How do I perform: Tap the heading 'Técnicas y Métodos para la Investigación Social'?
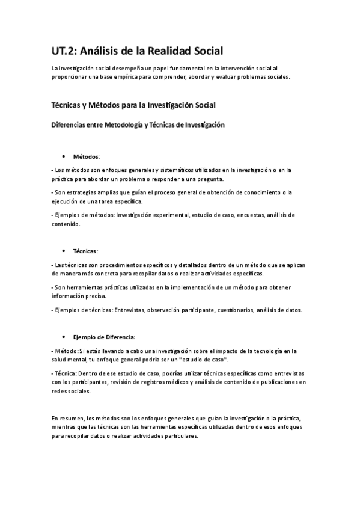(x=133, y=105)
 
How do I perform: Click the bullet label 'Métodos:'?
(x=87, y=156)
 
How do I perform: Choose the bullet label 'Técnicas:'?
(x=85, y=250)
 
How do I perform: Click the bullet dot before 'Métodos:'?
(x=64, y=156)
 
